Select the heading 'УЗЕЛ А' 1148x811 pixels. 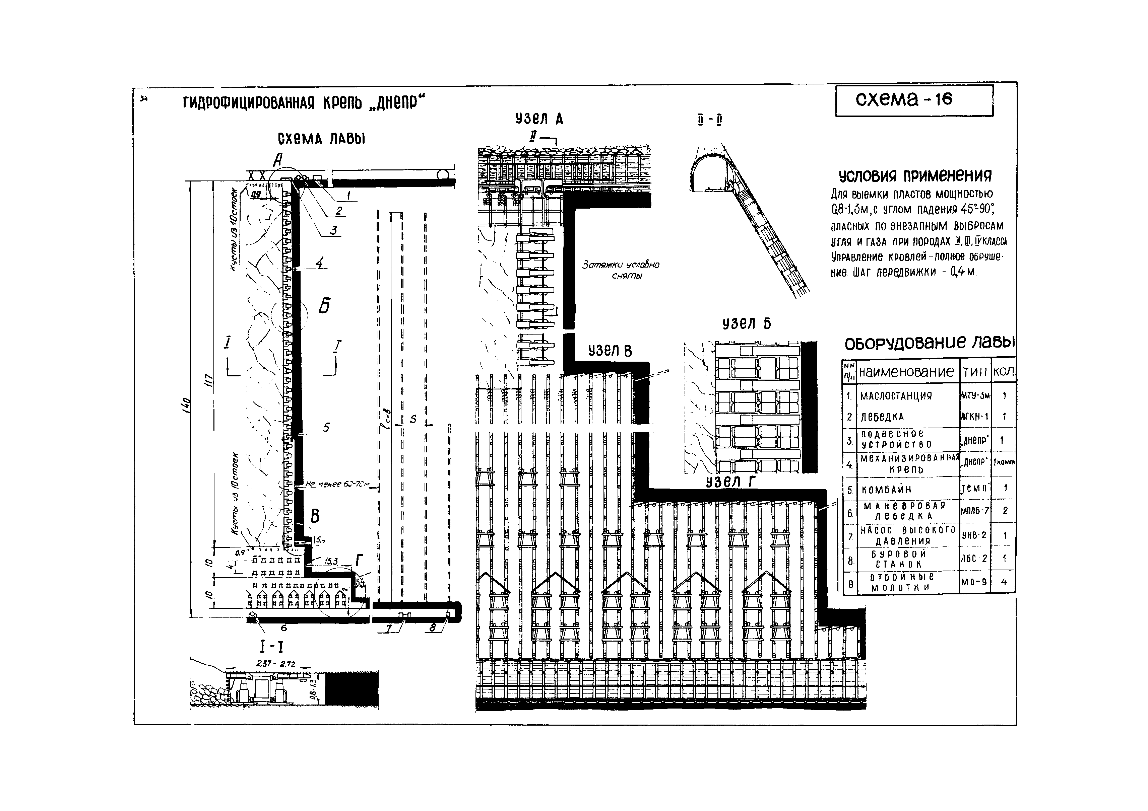tap(539, 119)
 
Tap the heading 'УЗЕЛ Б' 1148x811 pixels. tap(747, 324)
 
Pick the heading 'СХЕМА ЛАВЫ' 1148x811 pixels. tap(321, 138)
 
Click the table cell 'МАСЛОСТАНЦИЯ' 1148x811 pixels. tap(896, 396)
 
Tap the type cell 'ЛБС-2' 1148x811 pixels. tap(974, 559)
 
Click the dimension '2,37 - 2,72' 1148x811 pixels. tap(275, 664)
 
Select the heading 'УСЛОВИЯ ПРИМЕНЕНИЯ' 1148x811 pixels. tap(914, 176)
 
